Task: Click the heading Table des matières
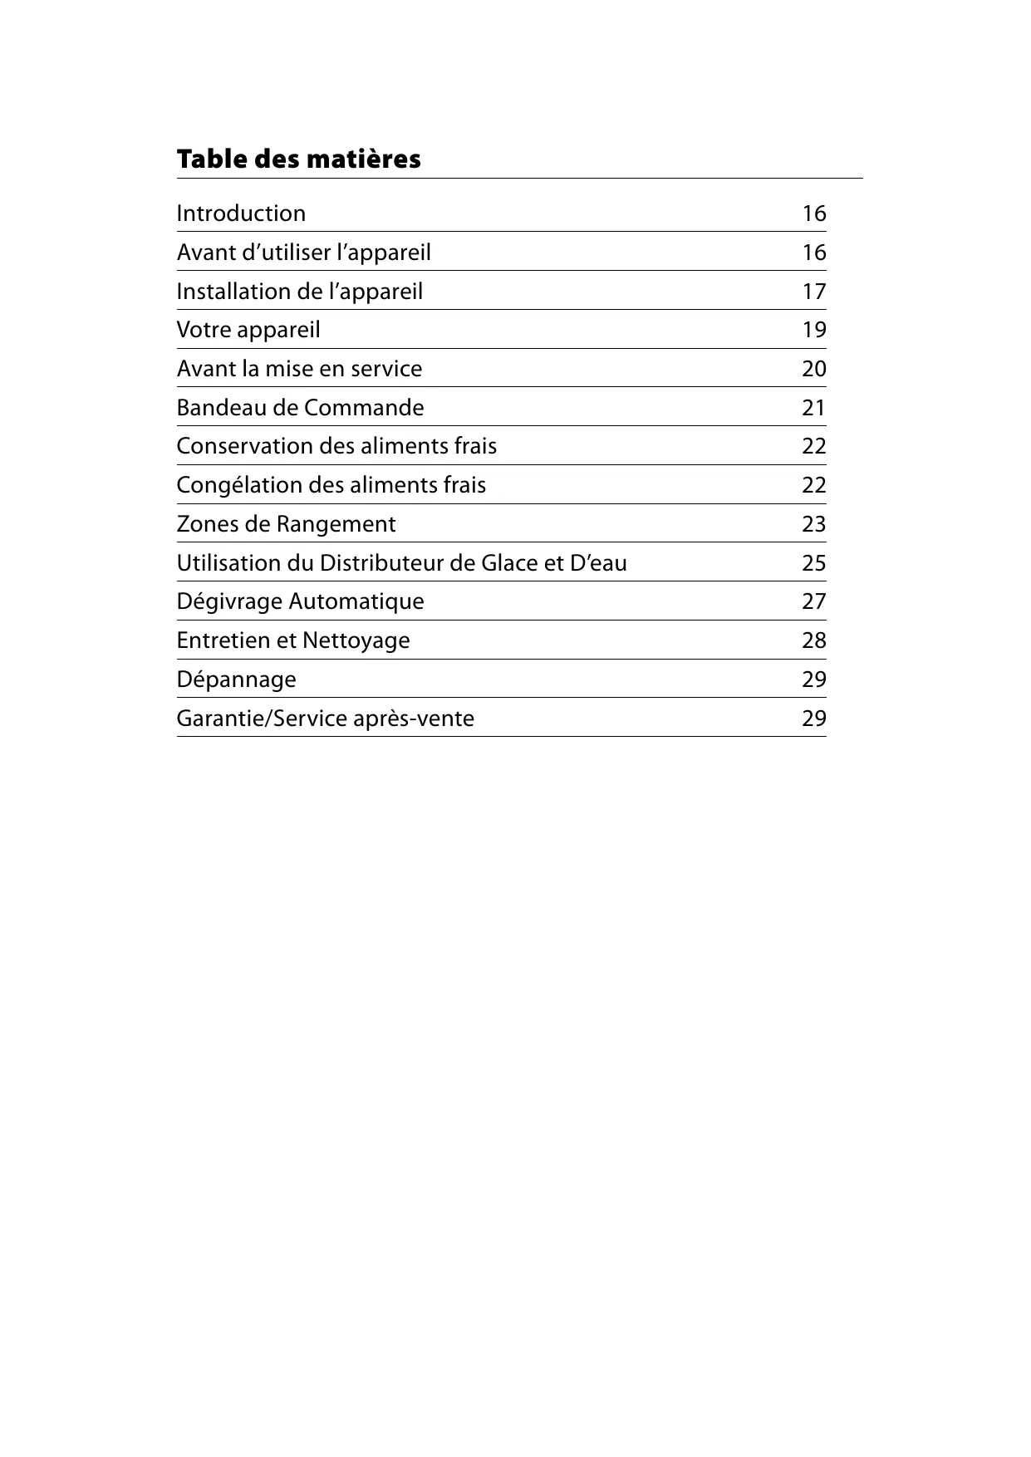click(x=298, y=159)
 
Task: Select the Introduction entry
click(x=241, y=213)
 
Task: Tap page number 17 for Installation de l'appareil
click(x=813, y=292)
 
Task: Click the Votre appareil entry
click(x=248, y=331)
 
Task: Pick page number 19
click(x=813, y=331)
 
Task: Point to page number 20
click(x=813, y=369)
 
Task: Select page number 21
click(x=813, y=408)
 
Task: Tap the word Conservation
click(x=243, y=446)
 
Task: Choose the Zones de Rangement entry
click(x=286, y=524)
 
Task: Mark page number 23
click(x=813, y=524)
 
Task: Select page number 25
click(x=813, y=563)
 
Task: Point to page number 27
click(x=813, y=601)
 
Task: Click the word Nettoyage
click(x=356, y=640)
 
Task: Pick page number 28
click(x=813, y=640)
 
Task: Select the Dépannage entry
click(x=236, y=679)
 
